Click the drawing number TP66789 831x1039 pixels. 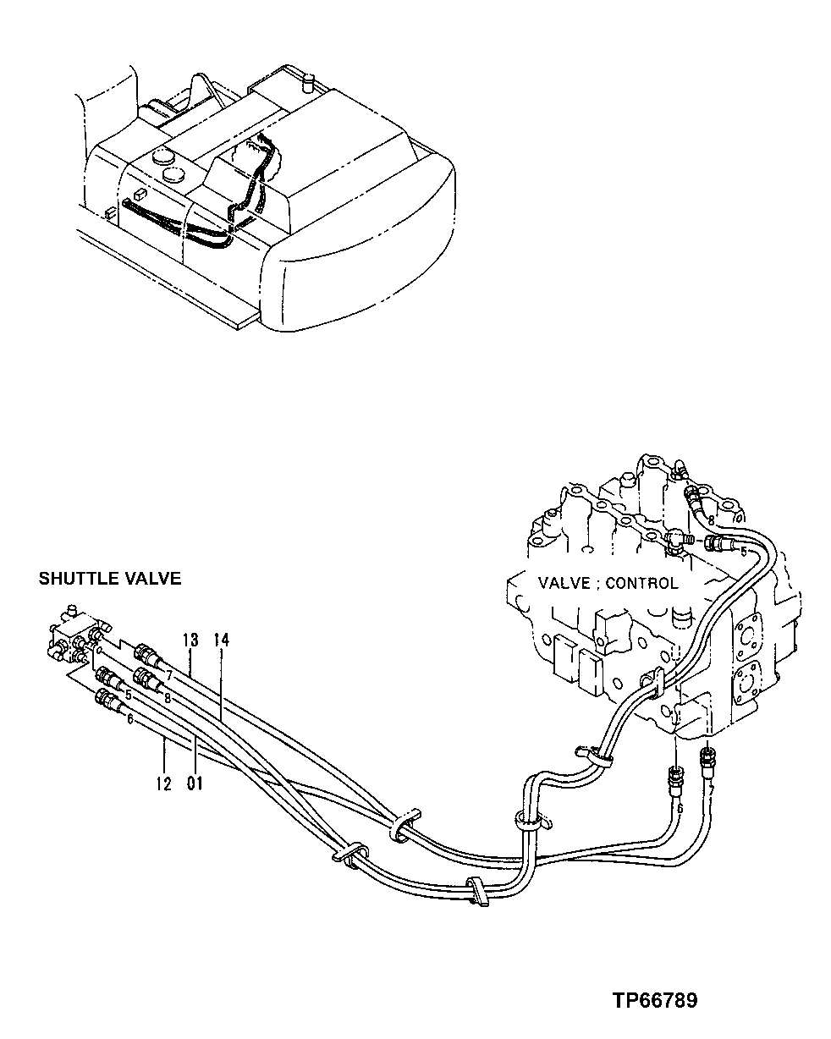656,1001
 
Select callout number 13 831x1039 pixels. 190,639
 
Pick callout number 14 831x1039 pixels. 222,639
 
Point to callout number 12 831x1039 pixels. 163,783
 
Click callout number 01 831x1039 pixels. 195,783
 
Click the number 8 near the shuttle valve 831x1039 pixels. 167,698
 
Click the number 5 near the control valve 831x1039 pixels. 743,551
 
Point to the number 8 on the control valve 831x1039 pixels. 711,519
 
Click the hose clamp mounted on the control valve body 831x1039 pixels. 652,680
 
